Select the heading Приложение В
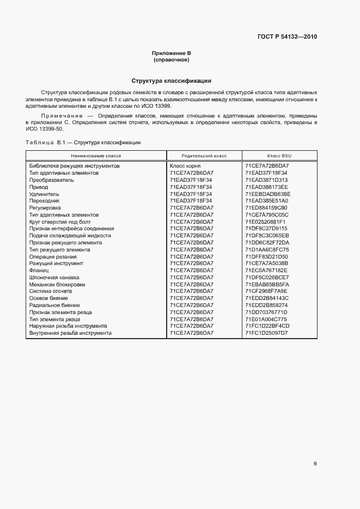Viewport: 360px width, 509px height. (x=171, y=53)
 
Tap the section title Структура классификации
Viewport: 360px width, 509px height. (x=171, y=81)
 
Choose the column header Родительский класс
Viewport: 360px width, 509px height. (x=204, y=156)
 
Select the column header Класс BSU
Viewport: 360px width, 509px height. (x=279, y=156)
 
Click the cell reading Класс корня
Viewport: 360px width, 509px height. (x=185, y=165)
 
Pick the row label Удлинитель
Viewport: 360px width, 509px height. (x=44, y=194)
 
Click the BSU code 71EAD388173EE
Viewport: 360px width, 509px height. (x=266, y=187)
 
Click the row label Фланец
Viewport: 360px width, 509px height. (x=39, y=270)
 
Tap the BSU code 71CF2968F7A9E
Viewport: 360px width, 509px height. (x=266, y=291)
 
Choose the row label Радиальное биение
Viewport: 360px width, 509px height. (x=54, y=305)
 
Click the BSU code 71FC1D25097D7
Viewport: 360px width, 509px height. (x=266, y=333)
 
